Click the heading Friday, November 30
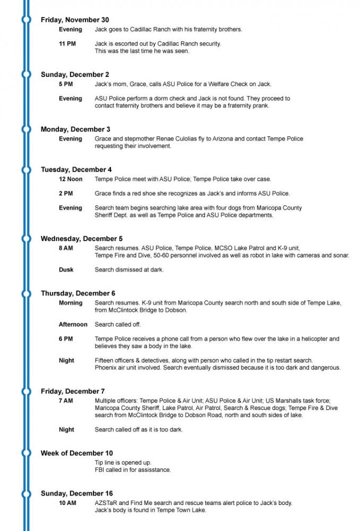click(x=75, y=20)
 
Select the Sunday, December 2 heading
click(x=75, y=74)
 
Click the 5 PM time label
click(x=66, y=84)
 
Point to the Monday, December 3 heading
click(x=75, y=129)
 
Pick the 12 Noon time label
click(x=71, y=179)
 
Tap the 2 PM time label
click(x=66, y=193)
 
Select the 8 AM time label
click(x=66, y=248)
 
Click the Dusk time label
click(x=66, y=270)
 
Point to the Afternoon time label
click(x=73, y=324)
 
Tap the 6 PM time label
click(x=66, y=339)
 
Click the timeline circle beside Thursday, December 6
click(x=25, y=293)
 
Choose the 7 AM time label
click(x=66, y=400)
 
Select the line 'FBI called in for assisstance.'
click(x=133, y=470)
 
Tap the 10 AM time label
click(x=67, y=503)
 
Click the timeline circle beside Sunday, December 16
click(x=25, y=493)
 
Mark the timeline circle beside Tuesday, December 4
click(x=25, y=169)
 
